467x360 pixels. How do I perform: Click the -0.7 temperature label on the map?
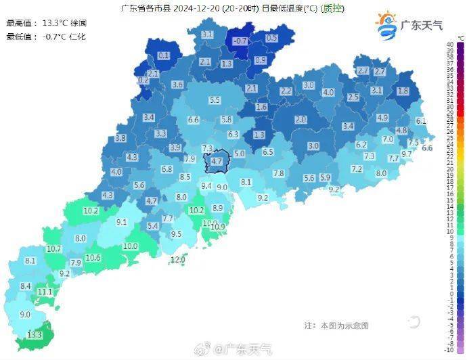[240, 41]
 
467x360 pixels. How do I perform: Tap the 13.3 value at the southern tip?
[35, 335]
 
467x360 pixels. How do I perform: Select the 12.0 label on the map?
[178, 259]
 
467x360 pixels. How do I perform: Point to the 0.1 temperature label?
[164, 55]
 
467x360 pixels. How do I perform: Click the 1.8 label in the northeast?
[403, 91]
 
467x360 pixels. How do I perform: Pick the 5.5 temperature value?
[215, 100]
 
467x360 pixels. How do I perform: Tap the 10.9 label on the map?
[217, 227]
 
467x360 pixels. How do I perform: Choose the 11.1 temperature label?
[45, 292]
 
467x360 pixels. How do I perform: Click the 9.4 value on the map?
[207, 185]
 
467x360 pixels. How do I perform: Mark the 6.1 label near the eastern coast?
[421, 120]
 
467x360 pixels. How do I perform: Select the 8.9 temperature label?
[217, 208]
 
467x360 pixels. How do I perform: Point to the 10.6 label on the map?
[93, 258]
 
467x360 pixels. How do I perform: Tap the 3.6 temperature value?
[178, 85]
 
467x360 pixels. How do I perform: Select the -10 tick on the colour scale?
[449, 349]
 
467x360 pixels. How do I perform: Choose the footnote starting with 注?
[336, 325]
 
